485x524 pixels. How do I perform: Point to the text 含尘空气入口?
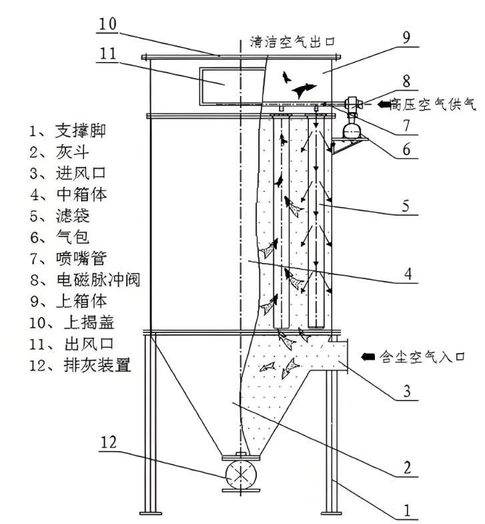(417, 358)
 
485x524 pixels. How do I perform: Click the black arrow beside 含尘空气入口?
(367, 358)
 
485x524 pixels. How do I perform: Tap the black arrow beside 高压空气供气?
(387, 103)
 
